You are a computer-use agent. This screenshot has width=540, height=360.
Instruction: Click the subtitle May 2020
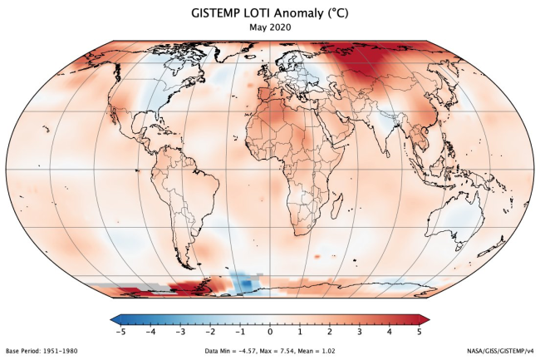click(269, 27)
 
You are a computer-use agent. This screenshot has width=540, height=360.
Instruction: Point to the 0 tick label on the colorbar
click(270, 332)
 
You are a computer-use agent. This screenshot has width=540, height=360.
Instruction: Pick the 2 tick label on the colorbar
click(330, 332)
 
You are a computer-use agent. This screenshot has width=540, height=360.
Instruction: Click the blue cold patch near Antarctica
click(243, 283)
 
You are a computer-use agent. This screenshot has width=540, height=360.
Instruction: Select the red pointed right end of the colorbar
click(425, 318)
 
